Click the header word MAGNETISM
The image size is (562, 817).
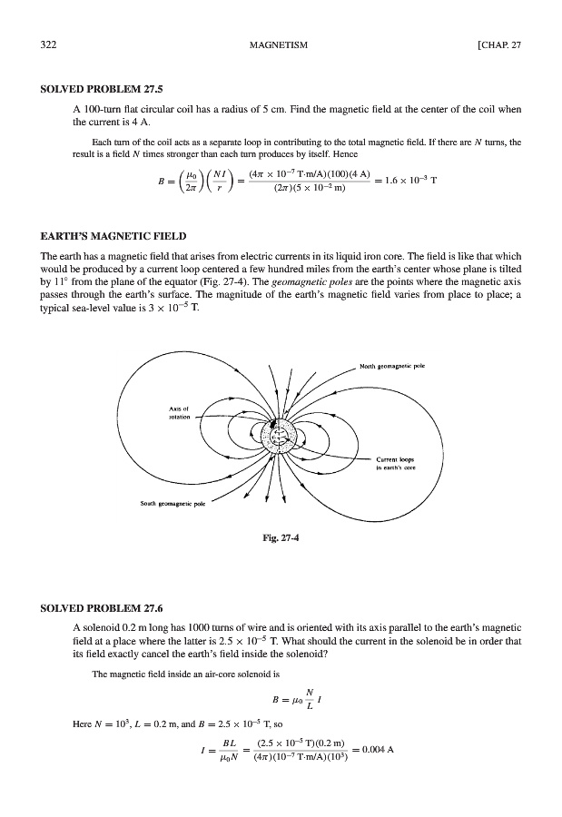tap(281, 44)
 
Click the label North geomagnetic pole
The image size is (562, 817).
tap(393, 367)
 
